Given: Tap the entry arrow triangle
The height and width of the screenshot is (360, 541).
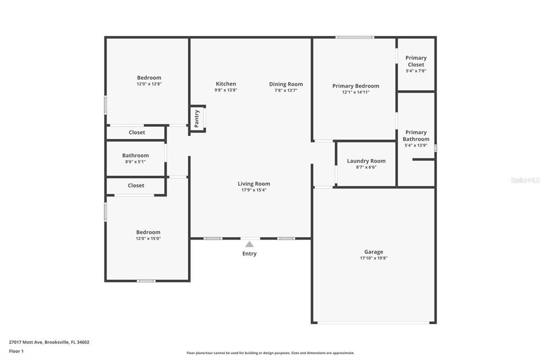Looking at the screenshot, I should tap(249, 244).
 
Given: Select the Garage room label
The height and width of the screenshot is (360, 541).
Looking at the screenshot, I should tap(374, 252).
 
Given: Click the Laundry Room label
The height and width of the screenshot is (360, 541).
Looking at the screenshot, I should tap(366, 161).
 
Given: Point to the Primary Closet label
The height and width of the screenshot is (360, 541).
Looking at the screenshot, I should tap(416, 61).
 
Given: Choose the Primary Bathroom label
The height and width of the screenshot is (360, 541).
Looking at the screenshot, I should tap(416, 136).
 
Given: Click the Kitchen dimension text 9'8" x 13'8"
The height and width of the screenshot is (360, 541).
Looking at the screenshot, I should tap(226, 90).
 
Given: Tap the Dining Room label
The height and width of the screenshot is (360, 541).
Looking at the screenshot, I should tap(286, 84).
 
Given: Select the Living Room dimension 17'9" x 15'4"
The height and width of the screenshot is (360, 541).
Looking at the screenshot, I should tap(254, 190).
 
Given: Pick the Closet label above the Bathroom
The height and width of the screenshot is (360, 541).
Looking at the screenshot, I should tap(137, 132).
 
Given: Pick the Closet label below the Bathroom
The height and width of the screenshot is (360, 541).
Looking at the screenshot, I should tap(136, 185).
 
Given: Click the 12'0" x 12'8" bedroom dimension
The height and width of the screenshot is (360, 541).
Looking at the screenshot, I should tap(149, 84).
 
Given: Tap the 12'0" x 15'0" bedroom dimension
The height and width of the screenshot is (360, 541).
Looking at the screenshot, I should tap(148, 239).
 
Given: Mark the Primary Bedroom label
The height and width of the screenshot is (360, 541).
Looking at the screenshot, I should tap(356, 86).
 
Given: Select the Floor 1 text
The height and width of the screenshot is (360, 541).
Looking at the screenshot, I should tap(16, 351).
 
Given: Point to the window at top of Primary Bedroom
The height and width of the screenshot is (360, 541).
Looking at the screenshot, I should tap(355, 37).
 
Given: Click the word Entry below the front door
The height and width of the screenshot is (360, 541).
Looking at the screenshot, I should tap(249, 254).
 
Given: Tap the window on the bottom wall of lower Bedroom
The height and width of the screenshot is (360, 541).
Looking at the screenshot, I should tap(146, 281).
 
